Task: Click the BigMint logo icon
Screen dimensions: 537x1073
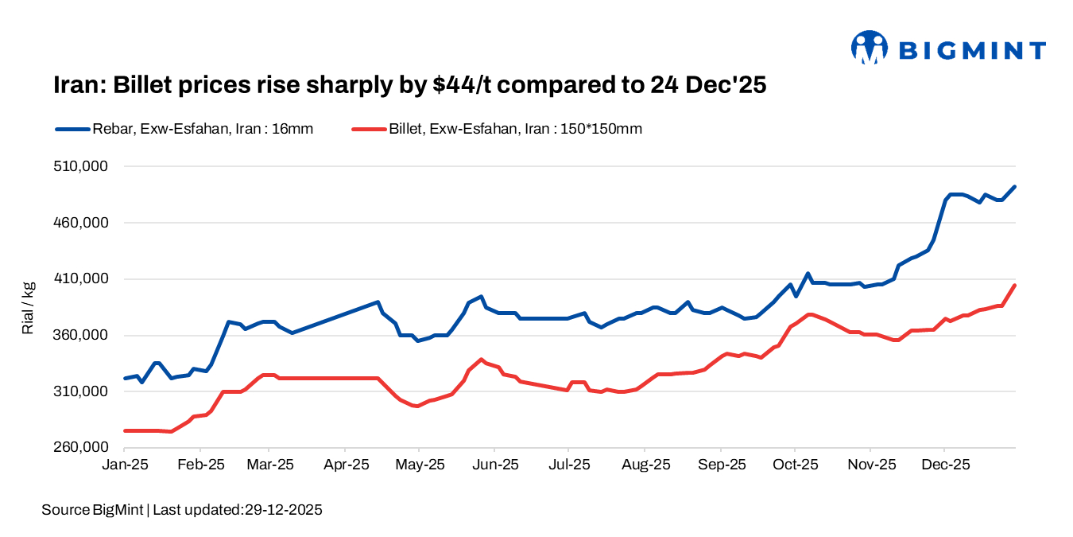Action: point(869,48)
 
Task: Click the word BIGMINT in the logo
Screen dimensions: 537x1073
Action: point(972,51)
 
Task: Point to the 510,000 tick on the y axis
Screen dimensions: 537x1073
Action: point(79,166)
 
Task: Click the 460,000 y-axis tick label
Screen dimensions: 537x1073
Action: point(79,223)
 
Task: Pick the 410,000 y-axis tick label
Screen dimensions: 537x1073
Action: point(79,278)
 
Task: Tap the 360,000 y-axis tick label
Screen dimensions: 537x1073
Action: point(79,335)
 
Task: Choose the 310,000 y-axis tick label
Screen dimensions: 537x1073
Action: point(79,391)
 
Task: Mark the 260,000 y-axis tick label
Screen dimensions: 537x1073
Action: point(79,447)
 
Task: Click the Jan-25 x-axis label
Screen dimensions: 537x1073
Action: point(125,465)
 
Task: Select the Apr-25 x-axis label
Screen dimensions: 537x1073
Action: point(346,465)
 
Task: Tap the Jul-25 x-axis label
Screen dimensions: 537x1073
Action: point(569,465)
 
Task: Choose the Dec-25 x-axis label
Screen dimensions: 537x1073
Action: point(944,465)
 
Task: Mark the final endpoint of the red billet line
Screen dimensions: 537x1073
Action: point(1015,285)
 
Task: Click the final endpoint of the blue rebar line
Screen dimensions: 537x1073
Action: point(1015,186)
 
